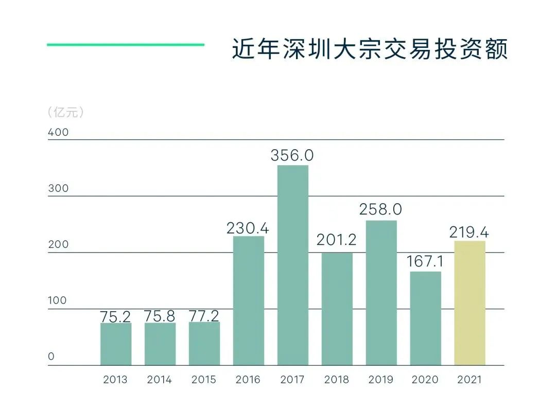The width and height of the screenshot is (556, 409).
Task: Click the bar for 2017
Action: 292,265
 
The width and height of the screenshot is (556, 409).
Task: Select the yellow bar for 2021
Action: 470,303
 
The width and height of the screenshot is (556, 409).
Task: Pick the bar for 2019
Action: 381,293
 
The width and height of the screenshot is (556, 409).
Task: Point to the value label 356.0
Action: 292,155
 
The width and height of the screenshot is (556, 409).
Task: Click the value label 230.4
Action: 248,228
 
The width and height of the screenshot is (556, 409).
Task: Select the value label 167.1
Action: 425,261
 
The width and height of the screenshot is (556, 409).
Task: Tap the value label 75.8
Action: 160,315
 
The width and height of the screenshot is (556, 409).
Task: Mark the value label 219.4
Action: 469,232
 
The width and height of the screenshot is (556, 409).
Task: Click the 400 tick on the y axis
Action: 58,132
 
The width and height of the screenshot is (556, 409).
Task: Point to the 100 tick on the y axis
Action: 58,300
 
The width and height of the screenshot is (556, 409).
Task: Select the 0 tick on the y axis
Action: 51,357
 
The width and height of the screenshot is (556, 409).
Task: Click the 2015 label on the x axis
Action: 204,380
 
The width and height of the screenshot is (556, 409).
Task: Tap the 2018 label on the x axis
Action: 337,380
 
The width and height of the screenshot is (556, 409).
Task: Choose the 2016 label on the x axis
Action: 248,380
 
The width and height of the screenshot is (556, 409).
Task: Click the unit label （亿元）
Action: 65,112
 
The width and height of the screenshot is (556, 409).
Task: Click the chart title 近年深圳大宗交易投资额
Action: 370,49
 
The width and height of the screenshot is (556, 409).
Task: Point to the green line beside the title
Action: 126,45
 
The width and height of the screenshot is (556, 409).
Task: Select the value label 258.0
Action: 381,209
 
